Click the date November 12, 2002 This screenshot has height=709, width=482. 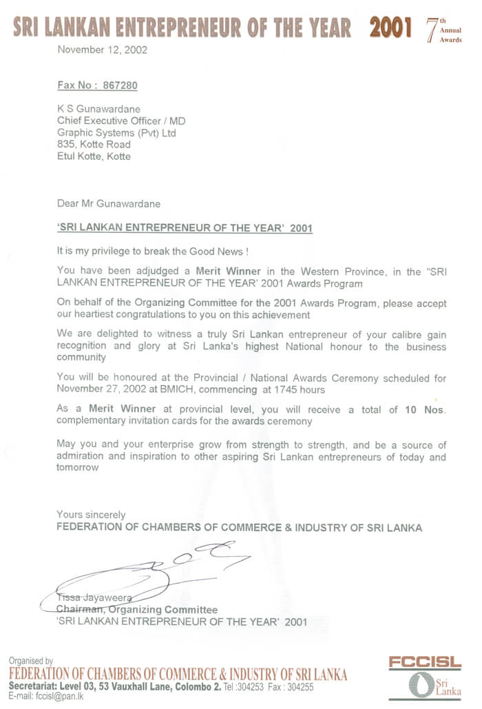102,50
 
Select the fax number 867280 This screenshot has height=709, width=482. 120,85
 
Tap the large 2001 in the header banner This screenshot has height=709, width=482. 390,28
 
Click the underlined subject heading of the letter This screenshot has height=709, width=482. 184,228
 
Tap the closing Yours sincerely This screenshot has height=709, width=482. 91,515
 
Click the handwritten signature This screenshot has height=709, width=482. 158,568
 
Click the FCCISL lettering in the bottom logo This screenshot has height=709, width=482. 424,662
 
